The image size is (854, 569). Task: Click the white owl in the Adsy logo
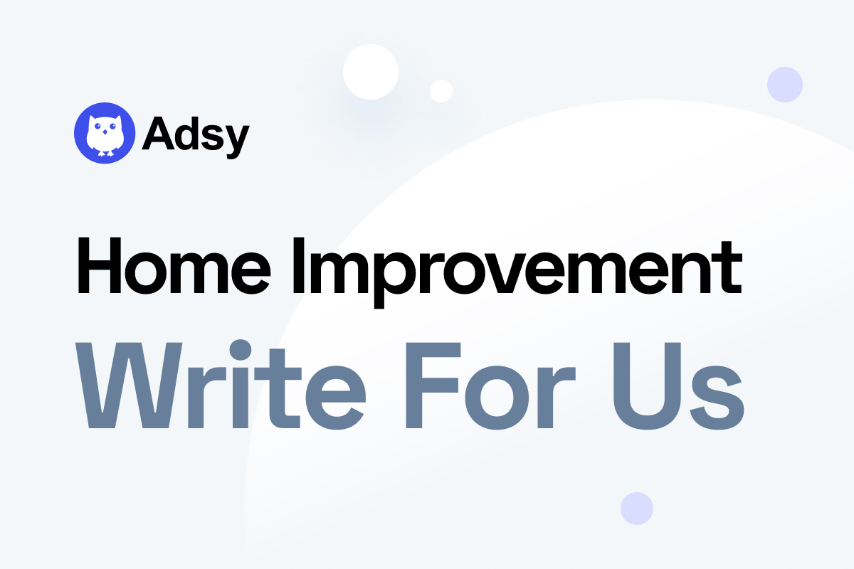[x=105, y=133]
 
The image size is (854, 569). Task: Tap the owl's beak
[x=105, y=132]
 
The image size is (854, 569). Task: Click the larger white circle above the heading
[x=369, y=71]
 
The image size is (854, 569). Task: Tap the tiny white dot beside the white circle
[x=441, y=90]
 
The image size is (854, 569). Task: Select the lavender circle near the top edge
[x=784, y=85]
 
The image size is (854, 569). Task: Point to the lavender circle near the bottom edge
[x=636, y=508]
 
